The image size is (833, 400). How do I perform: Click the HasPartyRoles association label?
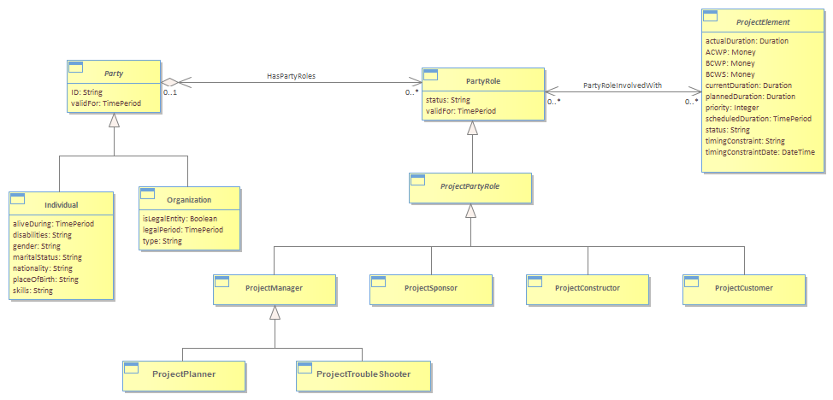(x=291, y=76)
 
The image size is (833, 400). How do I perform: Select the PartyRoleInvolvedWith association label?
(x=623, y=85)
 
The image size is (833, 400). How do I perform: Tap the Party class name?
(x=114, y=74)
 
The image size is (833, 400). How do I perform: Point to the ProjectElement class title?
(x=763, y=22)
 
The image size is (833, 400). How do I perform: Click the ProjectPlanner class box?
(x=184, y=375)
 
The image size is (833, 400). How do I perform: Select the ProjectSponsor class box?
(x=431, y=290)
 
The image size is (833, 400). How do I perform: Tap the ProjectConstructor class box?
(x=588, y=290)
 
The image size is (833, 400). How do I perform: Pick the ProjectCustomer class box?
(x=744, y=290)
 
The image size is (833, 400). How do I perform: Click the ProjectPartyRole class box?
(x=470, y=188)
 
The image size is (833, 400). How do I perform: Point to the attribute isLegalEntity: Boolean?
(x=180, y=219)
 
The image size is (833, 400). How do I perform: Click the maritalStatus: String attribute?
(x=47, y=257)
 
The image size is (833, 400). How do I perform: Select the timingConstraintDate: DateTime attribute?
(x=760, y=152)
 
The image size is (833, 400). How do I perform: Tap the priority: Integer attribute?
(x=732, y=108)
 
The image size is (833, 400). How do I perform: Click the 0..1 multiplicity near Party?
(x=169, y=92)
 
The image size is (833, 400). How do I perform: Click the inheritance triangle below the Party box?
(x=114, y=120)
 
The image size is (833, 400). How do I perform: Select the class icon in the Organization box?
(x=147, y=194)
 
